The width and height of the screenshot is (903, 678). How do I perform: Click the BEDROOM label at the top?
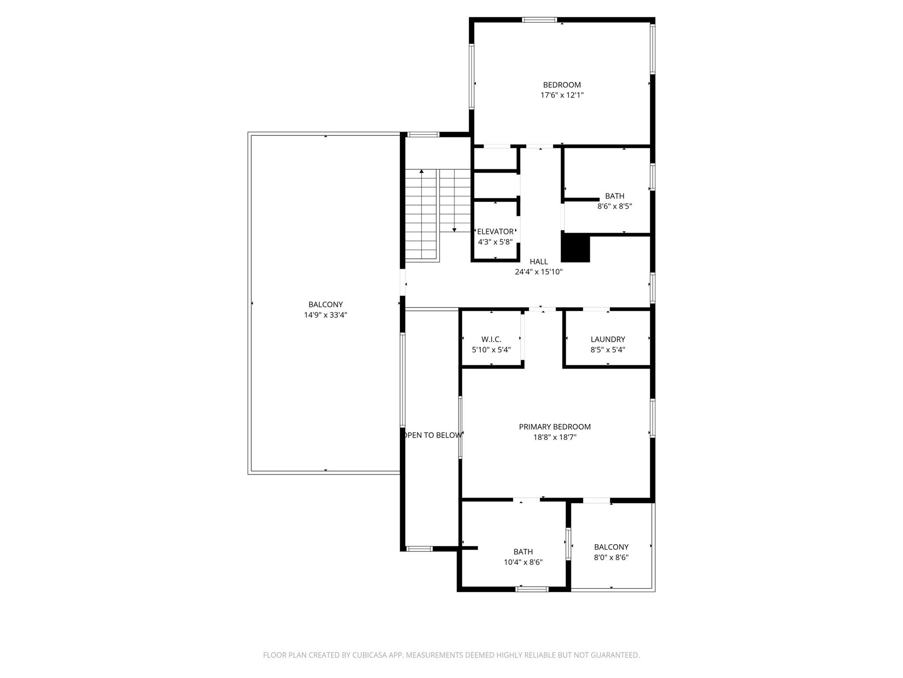click(x=562, y=85)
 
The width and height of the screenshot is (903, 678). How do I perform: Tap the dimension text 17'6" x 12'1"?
click(x=562, y=95)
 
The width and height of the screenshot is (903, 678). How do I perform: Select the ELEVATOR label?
click(x=495, y=232)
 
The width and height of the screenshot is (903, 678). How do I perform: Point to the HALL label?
click(x=538, y=262)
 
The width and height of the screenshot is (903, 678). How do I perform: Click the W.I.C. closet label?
click(x=491, y=339)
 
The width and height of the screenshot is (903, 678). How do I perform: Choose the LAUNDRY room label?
click(x=608, y=339)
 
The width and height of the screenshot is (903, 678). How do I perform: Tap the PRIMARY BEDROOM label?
click(x=554, y=427)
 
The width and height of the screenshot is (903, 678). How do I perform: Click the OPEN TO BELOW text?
click(x=432, y=435)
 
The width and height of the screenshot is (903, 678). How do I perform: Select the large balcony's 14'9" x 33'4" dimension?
click(x=325, y=315)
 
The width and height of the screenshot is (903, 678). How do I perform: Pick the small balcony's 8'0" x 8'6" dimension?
click(x=611, y=557)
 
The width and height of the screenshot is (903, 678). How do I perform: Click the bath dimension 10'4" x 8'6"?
click(x=523, y=562)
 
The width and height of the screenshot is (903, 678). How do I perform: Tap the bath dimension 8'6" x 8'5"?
click(x=614, y=206)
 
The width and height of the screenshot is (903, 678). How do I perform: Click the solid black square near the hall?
click(x=575, y=248)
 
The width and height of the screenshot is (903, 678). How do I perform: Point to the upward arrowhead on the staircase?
click(x=422, y=171)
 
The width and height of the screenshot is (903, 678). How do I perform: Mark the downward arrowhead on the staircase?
click(x=454, y=230)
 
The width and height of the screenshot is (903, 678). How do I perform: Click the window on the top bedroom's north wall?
click(x=539, y=20)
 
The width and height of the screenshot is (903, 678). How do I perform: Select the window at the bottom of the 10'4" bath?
click(x=532, y=589)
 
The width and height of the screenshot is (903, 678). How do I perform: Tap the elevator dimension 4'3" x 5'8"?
click(x=495, y=242)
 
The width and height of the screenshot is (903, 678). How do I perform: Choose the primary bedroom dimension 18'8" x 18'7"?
click(x=554, y=437)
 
